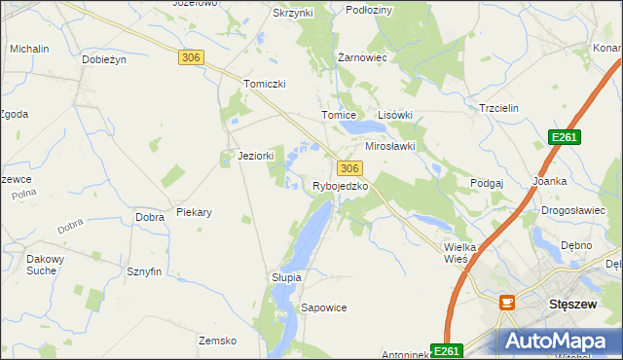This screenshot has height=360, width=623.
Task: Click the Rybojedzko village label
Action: (340, 186)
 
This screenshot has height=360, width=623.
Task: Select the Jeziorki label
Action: (256, 156)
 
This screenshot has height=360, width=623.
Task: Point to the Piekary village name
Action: (194, 212)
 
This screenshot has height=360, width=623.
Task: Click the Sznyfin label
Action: (143, 272)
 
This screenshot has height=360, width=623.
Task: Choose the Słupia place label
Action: (286, 277)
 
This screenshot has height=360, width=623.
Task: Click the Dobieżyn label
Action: (105, 59)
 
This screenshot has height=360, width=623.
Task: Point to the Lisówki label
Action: (395, 115)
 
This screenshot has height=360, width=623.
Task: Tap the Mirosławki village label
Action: (390, 146)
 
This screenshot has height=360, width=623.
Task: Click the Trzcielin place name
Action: (501, 108)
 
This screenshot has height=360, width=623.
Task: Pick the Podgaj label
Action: (487, 183)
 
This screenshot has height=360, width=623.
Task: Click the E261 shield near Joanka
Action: (564, 138)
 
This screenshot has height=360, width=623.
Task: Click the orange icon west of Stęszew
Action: (506, 304)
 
